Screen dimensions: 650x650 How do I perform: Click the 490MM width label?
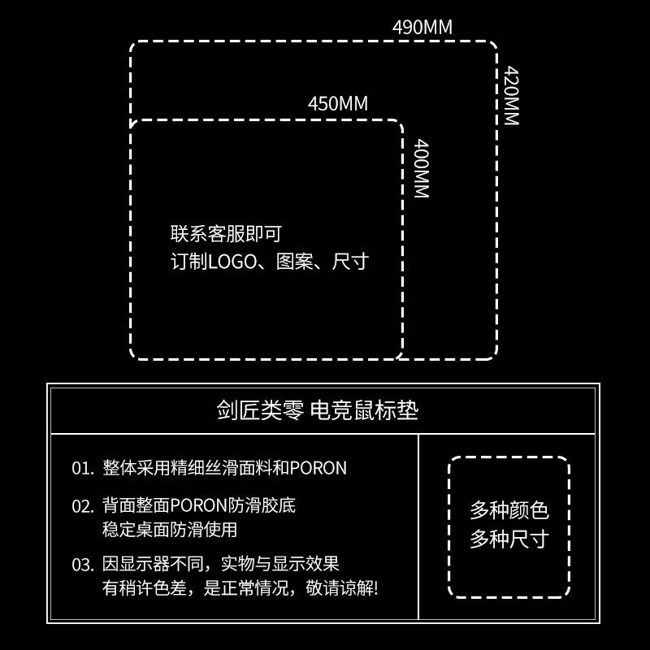[422, 28]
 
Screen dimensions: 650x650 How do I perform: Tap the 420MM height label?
[511, 95]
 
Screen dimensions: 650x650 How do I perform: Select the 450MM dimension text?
[338, 104]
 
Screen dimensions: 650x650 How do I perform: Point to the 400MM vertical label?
[421, 168]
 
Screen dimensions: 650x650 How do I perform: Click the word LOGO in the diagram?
[232, 262]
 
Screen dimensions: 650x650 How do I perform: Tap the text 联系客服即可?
[226, 234]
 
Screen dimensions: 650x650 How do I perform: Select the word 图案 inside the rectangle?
[294, 262]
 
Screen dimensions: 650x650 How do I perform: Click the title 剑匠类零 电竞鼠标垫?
[318, 410]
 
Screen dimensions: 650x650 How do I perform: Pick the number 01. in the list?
[83, 469]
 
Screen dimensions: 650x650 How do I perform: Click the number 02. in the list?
[83, 506]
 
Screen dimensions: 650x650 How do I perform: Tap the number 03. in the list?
[83, 565]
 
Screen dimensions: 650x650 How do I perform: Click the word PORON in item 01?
[318, 469]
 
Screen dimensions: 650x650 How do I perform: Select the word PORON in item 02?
[198, 505]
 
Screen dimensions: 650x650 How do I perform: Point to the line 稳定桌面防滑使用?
[170, 530]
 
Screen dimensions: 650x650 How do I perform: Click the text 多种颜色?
[509, 510]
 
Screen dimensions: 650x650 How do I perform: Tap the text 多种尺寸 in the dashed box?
[509, 539]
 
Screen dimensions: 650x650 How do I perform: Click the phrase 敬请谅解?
[342, 588]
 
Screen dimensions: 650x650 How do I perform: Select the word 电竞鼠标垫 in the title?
[364, 410]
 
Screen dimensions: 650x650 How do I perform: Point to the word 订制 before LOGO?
[189, 262]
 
